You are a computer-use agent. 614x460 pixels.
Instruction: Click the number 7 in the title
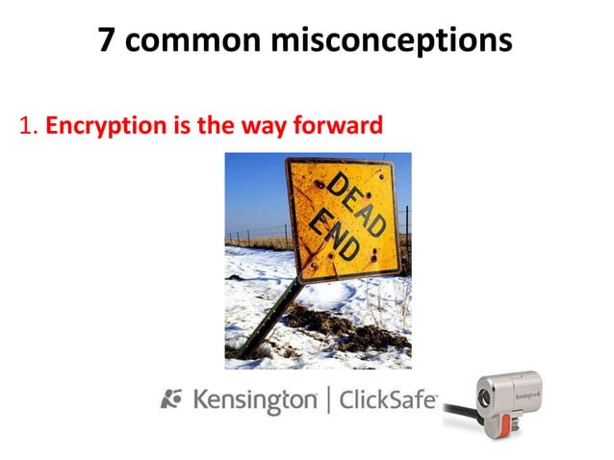(110, 40)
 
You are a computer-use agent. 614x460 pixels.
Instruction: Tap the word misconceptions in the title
(400, 40)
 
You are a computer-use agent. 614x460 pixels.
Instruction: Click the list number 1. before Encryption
(27, 125)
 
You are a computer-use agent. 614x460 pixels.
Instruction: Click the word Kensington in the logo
(255, 398)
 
